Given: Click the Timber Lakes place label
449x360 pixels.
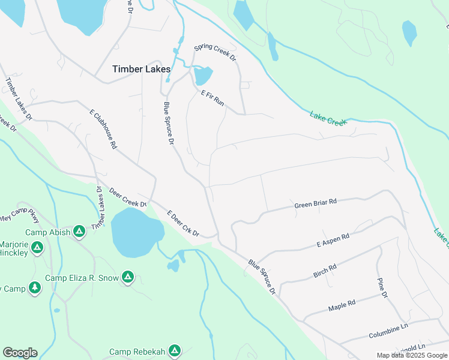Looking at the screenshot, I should (x=142, y=69).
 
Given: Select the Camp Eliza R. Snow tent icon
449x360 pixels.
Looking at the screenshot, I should (x=127, y=277).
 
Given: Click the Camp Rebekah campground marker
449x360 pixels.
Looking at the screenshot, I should (x=175, y=350).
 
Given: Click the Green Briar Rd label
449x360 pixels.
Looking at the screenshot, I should (x=315, y=205).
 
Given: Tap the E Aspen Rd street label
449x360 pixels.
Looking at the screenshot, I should (x=333, y=241).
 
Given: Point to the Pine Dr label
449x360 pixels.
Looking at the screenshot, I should (x=382, y=288).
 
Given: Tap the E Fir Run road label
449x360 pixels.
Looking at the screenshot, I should (x=212, y=98).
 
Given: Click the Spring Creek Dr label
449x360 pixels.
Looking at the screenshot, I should (x=215, y=53).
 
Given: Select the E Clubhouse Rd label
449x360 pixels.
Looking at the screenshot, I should (x=103, y=129).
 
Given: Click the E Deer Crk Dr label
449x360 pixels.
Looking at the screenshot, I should (x=183, y=223).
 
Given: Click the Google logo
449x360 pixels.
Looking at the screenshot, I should (x=20, y=353).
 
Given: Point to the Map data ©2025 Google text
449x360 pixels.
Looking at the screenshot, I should (x=412, y=355).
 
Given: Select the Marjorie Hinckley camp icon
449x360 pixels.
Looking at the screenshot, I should (x=37, y=247).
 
